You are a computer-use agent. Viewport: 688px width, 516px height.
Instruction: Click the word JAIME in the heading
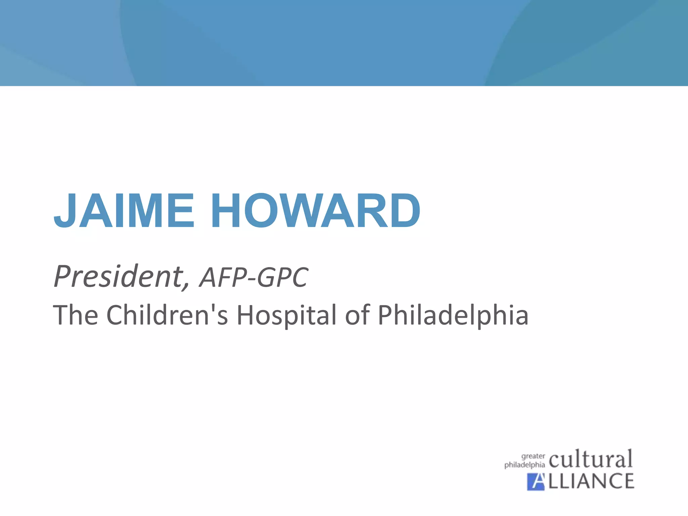point(124,211)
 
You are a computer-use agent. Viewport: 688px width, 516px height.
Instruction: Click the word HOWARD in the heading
point(316,211)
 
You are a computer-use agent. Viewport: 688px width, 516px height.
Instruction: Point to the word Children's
point(167,315)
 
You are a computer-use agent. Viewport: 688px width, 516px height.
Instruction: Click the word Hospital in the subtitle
point(287,315)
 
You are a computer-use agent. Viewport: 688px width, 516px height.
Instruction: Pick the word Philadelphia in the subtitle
point(453,315)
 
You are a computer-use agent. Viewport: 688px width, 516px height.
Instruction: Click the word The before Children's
point(76,315)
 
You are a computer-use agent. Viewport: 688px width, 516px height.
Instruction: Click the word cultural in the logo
point(591,459)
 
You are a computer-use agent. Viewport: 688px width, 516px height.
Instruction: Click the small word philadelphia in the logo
point(524,465)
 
